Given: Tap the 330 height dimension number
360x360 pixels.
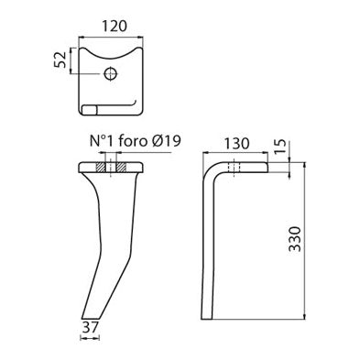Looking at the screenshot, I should coord(316,244).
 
